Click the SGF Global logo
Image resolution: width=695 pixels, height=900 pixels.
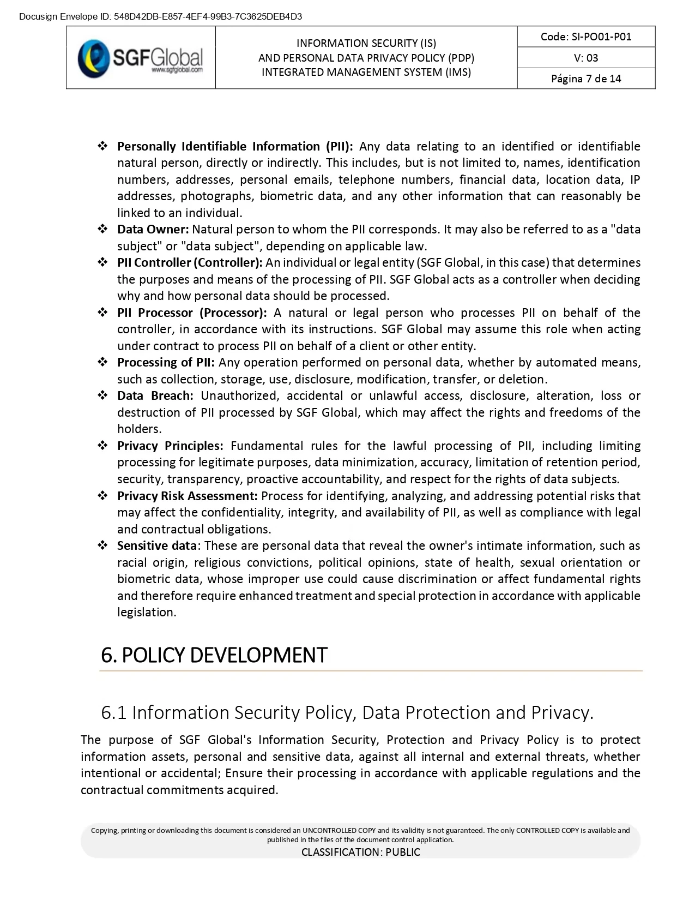click(x=140, y=58)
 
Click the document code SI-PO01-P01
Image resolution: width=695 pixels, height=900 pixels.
click(x=585, y=37)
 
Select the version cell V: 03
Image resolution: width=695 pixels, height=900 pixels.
click(x=585, y=58)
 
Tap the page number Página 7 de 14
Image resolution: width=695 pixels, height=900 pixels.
click(x=585, y=79)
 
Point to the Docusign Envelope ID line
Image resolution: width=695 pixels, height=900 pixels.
click(x=160, y=16)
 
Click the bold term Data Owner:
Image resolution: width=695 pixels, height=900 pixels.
click(x=153, y=230)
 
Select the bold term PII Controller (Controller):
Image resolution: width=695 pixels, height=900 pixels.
click(x=190, y=263)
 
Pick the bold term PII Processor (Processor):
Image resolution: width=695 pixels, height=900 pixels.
click(x=192, y=313)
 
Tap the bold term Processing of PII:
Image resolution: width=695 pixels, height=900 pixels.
click(x=166, y=363)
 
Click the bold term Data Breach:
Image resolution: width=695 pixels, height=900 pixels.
click(x=155, y=396)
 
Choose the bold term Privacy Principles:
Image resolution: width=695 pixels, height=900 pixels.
click(x=170, y=446)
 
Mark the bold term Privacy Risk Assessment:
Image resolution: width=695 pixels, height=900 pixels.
click(x=187, y=496)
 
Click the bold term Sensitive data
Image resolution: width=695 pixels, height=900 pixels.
click(x=156, y=546)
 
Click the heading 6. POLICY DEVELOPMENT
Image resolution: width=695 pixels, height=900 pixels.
click(x=214, y=655)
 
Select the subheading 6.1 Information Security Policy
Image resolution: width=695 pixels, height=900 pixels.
click(x=347, y=712)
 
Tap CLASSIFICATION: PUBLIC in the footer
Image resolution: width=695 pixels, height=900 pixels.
click(x=360, y=852)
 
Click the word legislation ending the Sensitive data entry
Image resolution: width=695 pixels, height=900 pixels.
click(x=146, y=613)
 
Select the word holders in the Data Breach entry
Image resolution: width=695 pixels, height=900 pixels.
click(x=138, y=429)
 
